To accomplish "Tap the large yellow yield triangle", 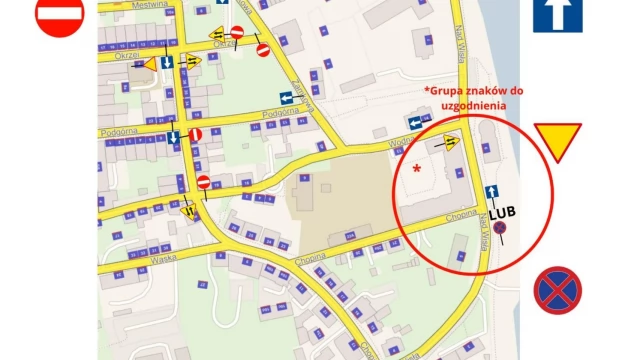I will point(557,141).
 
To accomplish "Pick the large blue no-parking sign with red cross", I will point(557,290).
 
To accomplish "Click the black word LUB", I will point(501,212).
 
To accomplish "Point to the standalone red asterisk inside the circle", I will point(416,171).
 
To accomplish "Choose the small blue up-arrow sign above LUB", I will point(491,192).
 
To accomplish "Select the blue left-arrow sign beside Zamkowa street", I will point(287,97).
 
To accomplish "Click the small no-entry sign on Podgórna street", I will point(196,134).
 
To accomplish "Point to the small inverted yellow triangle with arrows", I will point(189,210).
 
